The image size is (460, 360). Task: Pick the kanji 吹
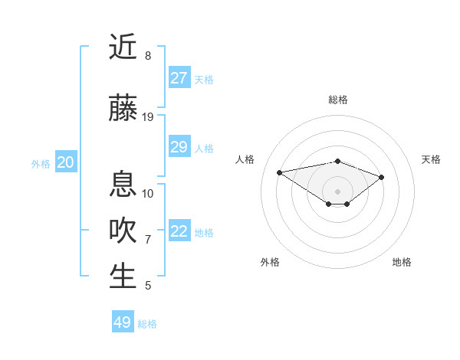click(123, 231)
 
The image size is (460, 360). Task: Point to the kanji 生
click(123, 277)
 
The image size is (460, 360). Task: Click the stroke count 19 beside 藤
click(148, 116)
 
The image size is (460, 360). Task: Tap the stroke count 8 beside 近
click(148, 56)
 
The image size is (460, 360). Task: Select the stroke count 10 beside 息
click(148, 193)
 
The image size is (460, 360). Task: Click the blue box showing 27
click(179, 78)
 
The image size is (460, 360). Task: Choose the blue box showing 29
click(179, 147)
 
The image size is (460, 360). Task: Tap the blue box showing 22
click(179, 231)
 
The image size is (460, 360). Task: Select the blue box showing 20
click(65, 162)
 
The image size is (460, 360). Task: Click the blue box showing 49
click(123, 322)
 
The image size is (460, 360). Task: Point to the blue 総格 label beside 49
click(147, 324)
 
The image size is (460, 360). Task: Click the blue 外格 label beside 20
click(41, 164)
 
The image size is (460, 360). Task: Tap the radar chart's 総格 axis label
click(337, 100)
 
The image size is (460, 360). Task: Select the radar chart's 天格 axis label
click(431, 159)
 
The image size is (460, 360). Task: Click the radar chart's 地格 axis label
click(402, 262)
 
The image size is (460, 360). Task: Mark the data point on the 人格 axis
click(280, 172)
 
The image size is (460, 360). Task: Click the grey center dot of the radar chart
click(337, 191)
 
